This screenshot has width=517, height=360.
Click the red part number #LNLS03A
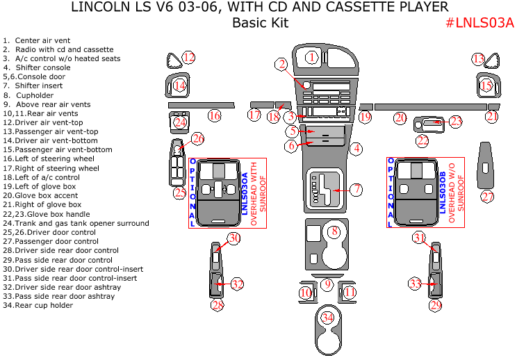(x=479, y=23)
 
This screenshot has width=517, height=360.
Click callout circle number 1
(x=312, y=57)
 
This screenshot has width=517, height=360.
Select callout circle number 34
(x=327, y=318)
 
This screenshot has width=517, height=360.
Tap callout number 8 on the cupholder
(x=334, y=231)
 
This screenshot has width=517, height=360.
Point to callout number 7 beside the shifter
(x=356, y=188)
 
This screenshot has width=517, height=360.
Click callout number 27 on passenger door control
(x=488, y=197)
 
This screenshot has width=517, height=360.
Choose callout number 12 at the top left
(x=188, y=57)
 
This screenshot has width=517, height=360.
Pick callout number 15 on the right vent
(x=486, y=85)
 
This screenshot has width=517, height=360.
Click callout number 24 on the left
(x=181, y=122)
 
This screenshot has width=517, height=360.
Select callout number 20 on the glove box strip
(x=400, y=117)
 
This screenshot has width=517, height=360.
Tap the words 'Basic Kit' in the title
(x=259, y=23)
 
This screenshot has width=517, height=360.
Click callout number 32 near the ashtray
(x=237, y=284)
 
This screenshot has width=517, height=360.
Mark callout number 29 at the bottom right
(x=435, y=304)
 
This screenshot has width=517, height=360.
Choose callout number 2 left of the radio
(x=281, y=65)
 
